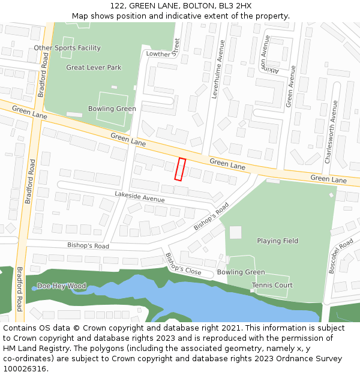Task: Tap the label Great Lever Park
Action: [x=94, y=68]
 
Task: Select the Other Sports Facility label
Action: [x=67, y=48]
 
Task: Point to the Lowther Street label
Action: [x=163, y=49]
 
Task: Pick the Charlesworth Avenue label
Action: [x=331, y=132]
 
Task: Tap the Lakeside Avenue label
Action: [x=139, y=196]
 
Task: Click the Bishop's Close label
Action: [x=183, y=264]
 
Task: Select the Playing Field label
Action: [x=277, y=241]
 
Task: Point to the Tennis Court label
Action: [x=272, y=286]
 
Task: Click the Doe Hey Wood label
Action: [x=61, y=286]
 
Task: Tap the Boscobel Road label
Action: [x=340, y=256]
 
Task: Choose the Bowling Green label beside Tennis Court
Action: [x=241, y=272]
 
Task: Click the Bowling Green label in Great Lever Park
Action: [x=112, y=109]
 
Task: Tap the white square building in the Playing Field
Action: [x=235, y=232]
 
